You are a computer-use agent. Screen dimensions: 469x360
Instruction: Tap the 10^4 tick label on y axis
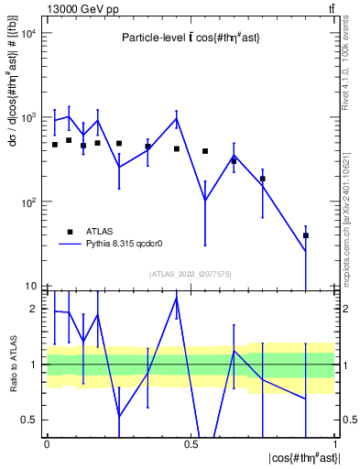27,33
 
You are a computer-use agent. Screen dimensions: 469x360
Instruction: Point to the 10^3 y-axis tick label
27,117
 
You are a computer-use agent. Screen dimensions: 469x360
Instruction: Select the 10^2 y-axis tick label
27,202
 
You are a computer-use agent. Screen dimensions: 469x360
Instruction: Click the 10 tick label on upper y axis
30,286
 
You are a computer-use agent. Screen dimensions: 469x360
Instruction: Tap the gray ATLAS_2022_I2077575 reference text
191,274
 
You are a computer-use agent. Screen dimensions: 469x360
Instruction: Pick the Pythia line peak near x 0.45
177,118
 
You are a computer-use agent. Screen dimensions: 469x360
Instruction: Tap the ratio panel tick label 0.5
32,420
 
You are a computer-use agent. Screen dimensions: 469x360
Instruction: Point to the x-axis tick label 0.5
191,442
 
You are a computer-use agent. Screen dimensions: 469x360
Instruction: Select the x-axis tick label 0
46,442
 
